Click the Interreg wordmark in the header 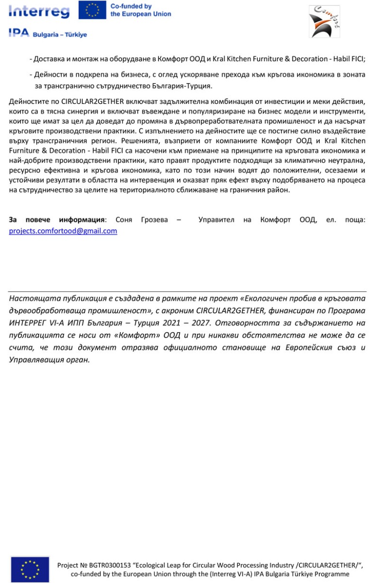(39, 11)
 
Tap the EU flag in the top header (93, 10)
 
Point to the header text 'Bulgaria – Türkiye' (60, 35)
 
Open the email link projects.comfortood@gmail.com (63, 231)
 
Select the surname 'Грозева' (154, 220)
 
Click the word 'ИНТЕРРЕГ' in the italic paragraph (31, 323)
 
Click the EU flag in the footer (30, 569)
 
